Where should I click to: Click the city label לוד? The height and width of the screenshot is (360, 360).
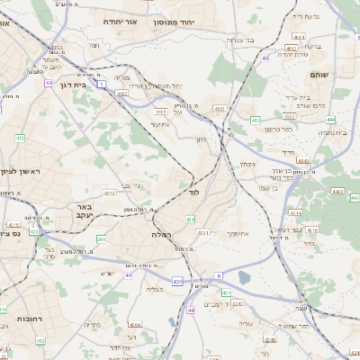(193, 193)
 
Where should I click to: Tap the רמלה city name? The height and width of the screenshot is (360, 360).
(156, 233)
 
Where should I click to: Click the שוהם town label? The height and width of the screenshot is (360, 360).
(319, 74)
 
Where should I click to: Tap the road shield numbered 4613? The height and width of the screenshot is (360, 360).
(109, 192)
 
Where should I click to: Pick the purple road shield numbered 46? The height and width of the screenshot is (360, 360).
(265, 58)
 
